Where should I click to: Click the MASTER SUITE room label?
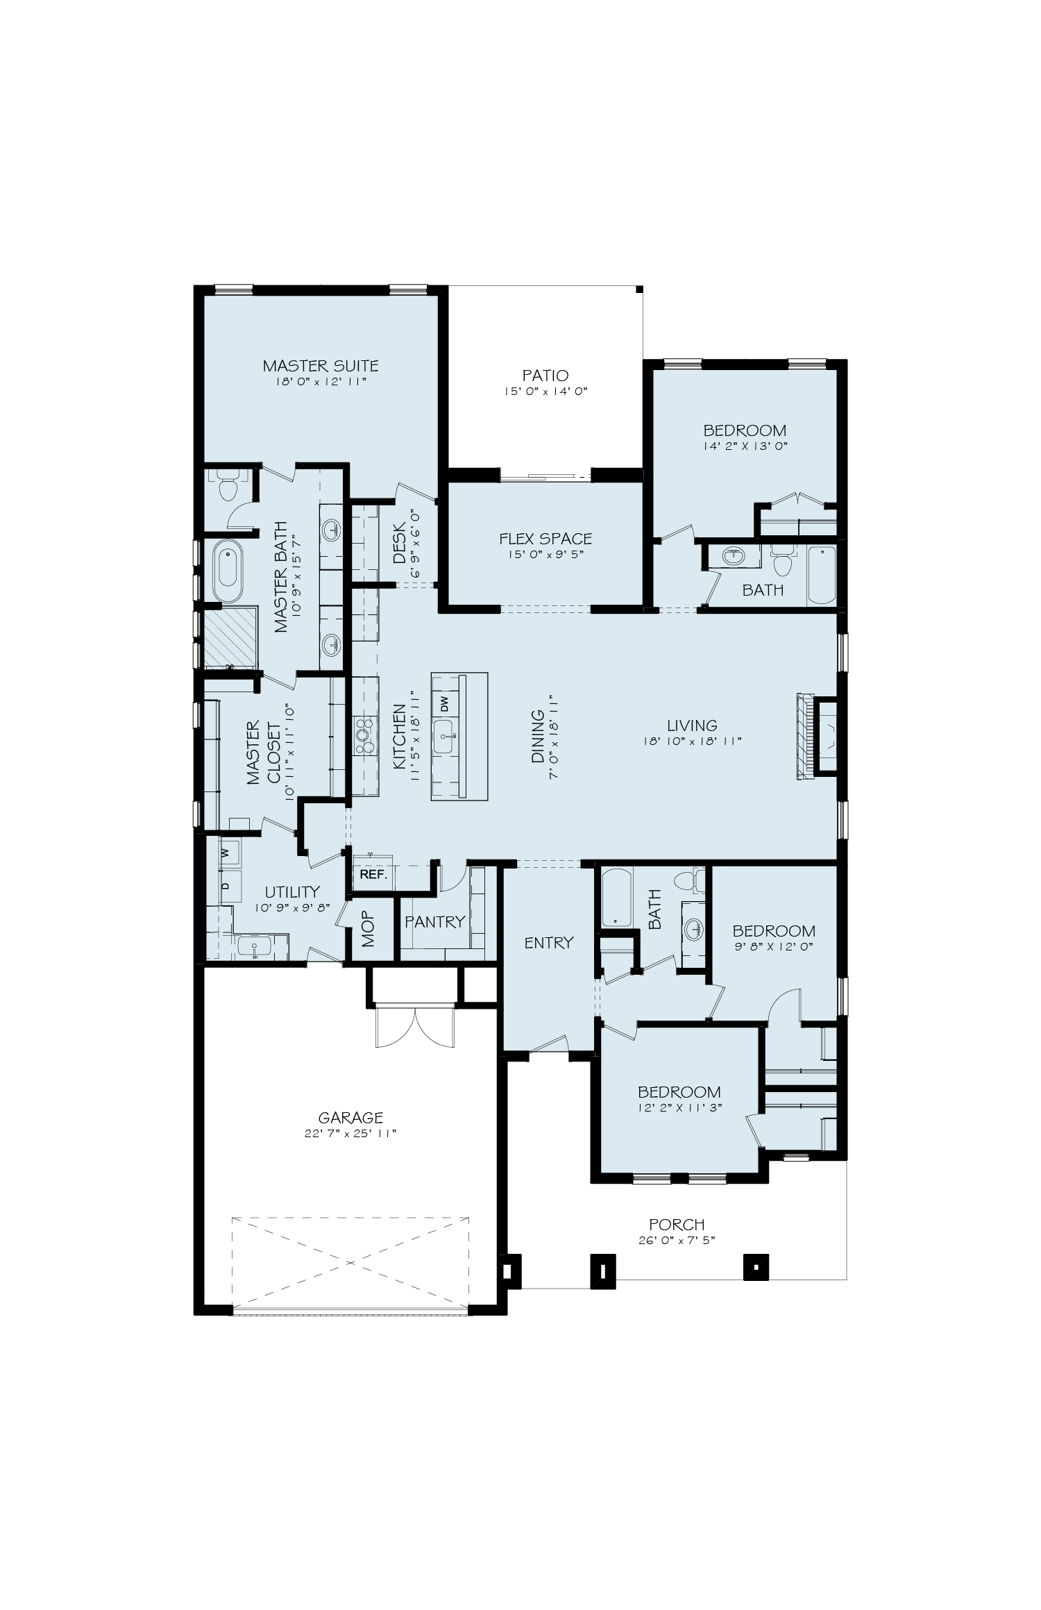click(x=321, y=365)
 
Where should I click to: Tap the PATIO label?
click(x=545, y=376)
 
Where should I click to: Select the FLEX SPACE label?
click(x=545, y=538)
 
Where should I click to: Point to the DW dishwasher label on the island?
click(x=445, y=703)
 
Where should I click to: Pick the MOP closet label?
click(x=368, y=930)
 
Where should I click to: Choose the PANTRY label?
click(x=435, y=922)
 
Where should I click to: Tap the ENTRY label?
click(x=549, y=942)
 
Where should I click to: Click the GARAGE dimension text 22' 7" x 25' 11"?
click(x=350, y=1132)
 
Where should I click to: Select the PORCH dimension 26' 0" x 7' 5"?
click(x=677, y=1239)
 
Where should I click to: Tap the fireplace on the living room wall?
click(x=818, y=737)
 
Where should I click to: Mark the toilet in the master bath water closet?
click(x=227, y=488)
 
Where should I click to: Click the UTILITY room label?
click(x=292, y=891)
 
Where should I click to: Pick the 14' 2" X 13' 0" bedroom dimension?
click(x=745, y=446)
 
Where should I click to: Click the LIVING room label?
click(x=692, y=726)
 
